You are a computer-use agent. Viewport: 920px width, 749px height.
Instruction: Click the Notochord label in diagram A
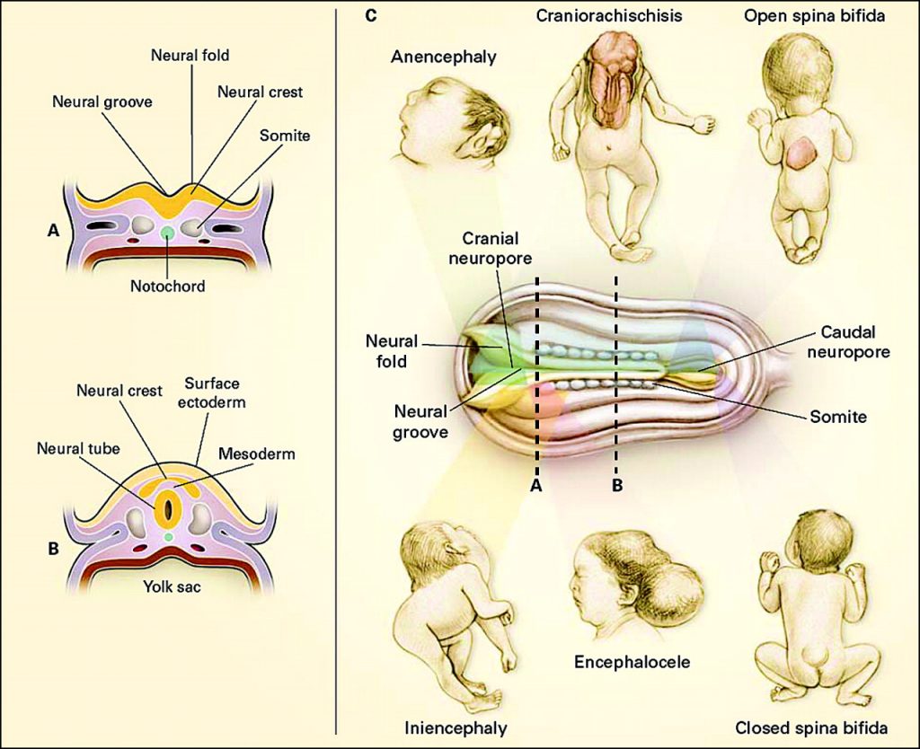click(168, 286)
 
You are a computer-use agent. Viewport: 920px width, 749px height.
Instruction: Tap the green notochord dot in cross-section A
click(168, 233)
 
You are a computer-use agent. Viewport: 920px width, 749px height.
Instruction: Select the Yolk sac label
click(172, 586)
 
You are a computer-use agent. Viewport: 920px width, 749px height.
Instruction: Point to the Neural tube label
click(78, 449)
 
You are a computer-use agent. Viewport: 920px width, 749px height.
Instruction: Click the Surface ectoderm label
click(212, 392)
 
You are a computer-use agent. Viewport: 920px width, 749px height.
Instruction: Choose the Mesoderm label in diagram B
click(256, 454)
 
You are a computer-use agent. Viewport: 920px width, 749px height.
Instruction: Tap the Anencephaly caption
click(444, 57)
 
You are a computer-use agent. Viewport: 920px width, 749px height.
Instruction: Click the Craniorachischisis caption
click(609, 16)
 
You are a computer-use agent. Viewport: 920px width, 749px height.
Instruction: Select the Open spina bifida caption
click(814, 16)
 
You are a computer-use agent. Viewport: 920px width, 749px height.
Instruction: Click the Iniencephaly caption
click(456, 727)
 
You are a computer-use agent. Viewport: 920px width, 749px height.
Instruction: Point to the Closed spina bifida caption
click(811, 728)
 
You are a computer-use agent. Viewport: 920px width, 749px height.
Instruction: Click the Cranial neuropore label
click(491, 248)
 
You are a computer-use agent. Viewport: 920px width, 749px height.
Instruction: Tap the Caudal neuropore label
click(848, 342)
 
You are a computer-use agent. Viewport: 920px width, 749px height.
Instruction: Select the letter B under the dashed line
click(616, 486)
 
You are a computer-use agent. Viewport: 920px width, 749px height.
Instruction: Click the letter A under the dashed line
click(535, 486)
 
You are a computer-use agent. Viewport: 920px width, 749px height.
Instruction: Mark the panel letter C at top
click(370, 15)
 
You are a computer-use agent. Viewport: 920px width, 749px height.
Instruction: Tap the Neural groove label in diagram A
click(102, 102)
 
